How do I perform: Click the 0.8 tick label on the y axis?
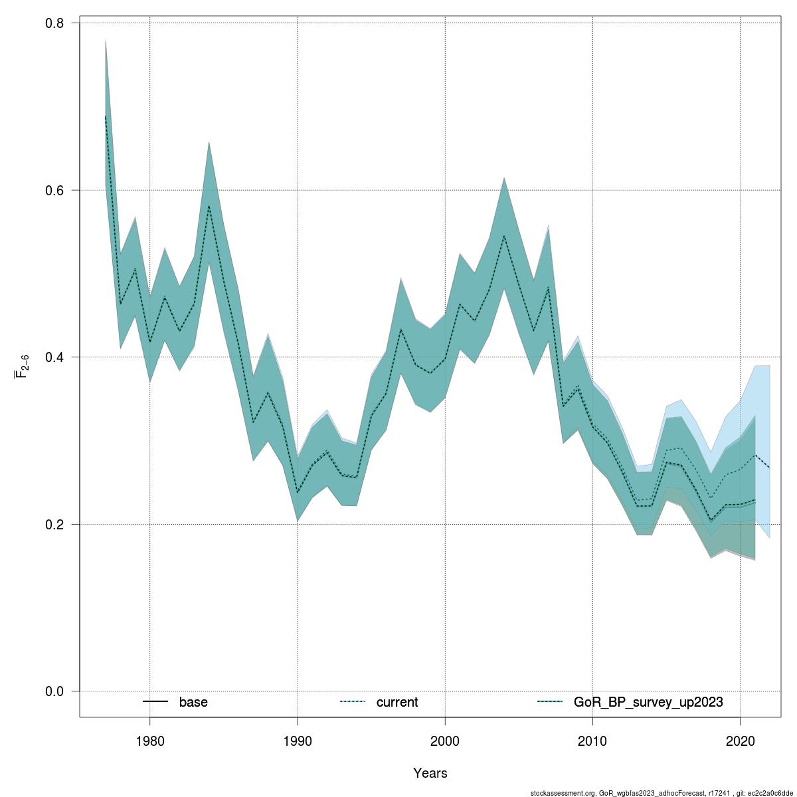(54, 23)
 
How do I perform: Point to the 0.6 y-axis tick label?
(54, 190)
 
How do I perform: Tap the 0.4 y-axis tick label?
(54, 357)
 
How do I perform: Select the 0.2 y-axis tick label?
(54, 524)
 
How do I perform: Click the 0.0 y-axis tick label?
(54, 691)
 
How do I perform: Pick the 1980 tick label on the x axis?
(149, 741)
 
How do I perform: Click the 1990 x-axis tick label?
(298, 741)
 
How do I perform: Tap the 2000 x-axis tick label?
(445, 741)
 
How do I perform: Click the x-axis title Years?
(430, 773)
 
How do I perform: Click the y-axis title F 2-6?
(21, 366)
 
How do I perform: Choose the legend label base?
(193, 702)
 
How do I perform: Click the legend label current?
(397, 702)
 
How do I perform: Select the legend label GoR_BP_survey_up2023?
(648, 702)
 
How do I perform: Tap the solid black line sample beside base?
(155, 702)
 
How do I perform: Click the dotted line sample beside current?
(352, 702)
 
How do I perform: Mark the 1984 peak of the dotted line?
(209, 206)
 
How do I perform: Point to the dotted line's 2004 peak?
(504, 236)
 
